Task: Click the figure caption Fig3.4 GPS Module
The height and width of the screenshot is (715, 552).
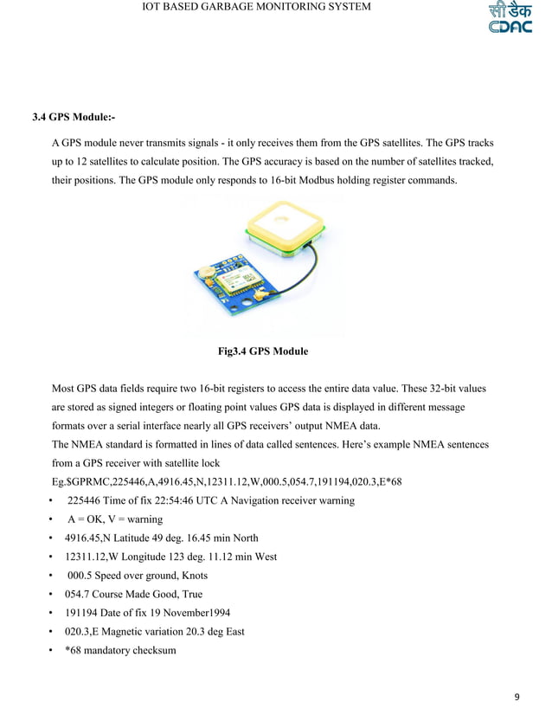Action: pos(262,352)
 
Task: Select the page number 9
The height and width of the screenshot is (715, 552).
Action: pos(517,697)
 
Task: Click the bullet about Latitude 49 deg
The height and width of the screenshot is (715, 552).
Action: pos(161,538)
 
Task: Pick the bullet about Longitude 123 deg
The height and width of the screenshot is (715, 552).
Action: pos(170,557)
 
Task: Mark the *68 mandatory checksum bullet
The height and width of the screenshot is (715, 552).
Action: pos(120,651)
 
